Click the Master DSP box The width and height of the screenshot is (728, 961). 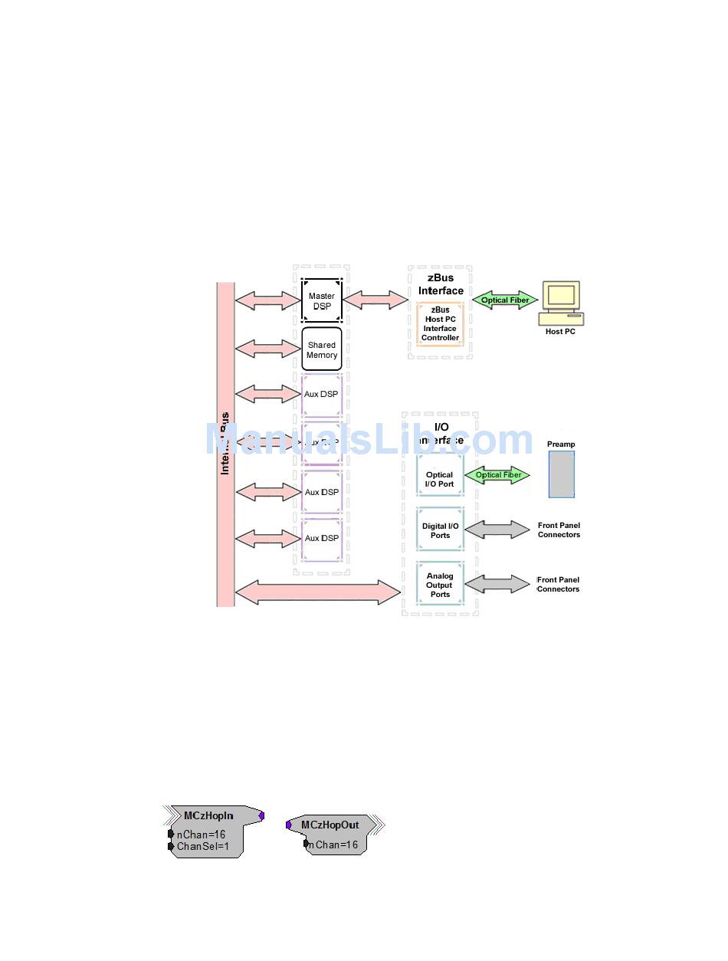pyautogui.click(x=321, y=300)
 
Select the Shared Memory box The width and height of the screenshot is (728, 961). pyautogui.click(x=321, y=349)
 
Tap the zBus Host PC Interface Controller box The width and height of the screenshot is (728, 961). pyautogui.click(x=440, y=323)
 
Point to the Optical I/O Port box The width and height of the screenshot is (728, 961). pyautogui.click(x=440, y=479)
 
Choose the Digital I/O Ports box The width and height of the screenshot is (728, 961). pyautogui.click(x=440, y=530)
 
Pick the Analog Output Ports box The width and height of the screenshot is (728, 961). pyautogui.click(x=440, y=585)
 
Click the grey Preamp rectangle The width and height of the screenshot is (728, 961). pyautogui.click(x=561, y=474)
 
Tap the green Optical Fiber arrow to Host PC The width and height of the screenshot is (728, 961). pyautogui.click(x=505, y=300)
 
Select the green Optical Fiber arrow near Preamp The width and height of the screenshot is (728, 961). pyautogui.click(x=498, y=475)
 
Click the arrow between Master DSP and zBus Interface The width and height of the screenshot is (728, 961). pyautogui.click(x=375, y=300)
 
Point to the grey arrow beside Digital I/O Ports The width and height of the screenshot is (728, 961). pyautogui.click(x=497, y=530)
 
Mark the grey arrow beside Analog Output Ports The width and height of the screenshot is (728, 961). pyautogui.click(x=497, y=585)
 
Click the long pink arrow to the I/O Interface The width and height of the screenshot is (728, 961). pyautogui.click(x=317, y=592)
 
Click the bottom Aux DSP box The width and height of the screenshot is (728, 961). pyautogui.click(x=321, y=539)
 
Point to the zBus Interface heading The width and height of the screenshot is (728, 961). pyautogui.click(x=441, y=284)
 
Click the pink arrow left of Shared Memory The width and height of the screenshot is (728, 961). pyautogui.click(x=268, y=349)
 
